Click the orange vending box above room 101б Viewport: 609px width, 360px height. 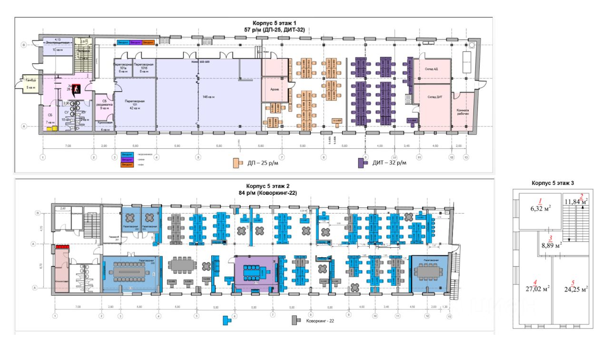point(148,42)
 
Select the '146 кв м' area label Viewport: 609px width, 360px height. point(209,97)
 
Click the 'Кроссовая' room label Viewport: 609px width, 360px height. point(105,122)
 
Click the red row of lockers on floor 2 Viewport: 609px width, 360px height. point(63,247)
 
